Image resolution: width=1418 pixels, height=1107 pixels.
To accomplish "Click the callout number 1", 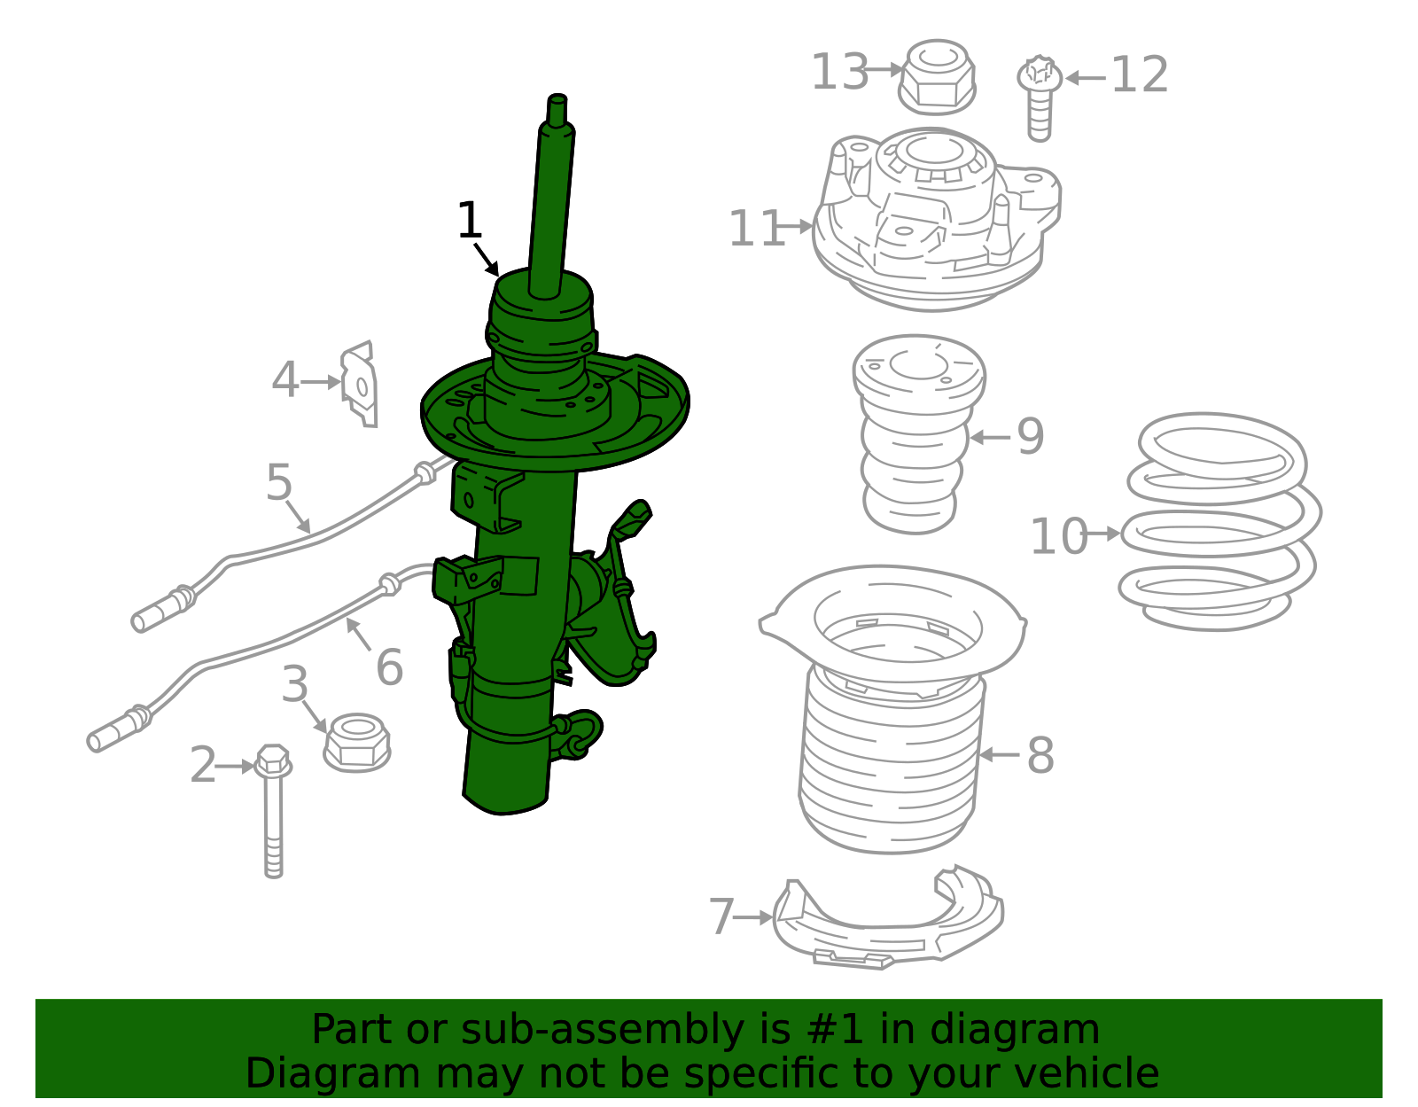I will coord(469,221).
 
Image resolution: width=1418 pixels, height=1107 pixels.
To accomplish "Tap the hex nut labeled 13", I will coord(937,77).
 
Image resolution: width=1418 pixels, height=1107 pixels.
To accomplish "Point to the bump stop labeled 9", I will coord(916,434).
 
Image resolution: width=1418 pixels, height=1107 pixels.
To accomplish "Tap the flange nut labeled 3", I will coord(357,743).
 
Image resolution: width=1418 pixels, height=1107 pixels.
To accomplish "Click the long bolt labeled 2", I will coord(273,807).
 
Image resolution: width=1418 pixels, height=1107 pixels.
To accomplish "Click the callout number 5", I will coord(279,483).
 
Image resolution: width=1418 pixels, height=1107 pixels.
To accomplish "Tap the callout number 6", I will coord(389,667).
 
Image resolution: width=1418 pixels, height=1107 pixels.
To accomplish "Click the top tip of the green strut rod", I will coord(557,98).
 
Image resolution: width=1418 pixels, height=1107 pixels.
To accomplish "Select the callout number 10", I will coord(1058,537).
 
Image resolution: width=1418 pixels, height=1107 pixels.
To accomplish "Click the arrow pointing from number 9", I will coord(991,437).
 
